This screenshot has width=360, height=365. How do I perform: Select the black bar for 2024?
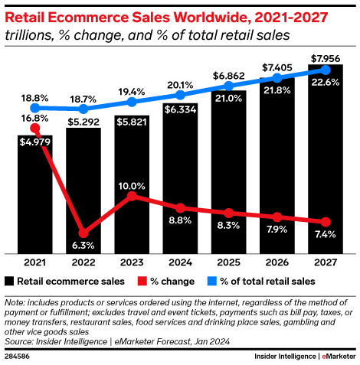(179, 184)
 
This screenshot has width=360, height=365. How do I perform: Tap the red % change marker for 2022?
(83, 232)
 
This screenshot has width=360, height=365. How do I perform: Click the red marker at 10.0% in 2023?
(132, 196)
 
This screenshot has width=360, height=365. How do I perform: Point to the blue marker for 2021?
(34, 108)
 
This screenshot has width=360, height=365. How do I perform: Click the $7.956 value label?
(325, 57)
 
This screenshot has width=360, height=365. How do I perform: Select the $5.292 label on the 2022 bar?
(83, 119)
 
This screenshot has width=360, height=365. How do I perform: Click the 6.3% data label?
(83, 246)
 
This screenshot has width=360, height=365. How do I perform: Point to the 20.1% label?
(179, 84)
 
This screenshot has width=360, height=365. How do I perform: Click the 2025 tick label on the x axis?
(227, 262)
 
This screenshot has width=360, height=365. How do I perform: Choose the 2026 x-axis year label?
(276, 262)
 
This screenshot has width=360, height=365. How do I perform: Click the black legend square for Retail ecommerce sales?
(10, 281)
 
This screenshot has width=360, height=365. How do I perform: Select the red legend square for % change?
(140, 281)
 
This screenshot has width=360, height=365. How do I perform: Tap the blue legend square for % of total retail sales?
(211, 281)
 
